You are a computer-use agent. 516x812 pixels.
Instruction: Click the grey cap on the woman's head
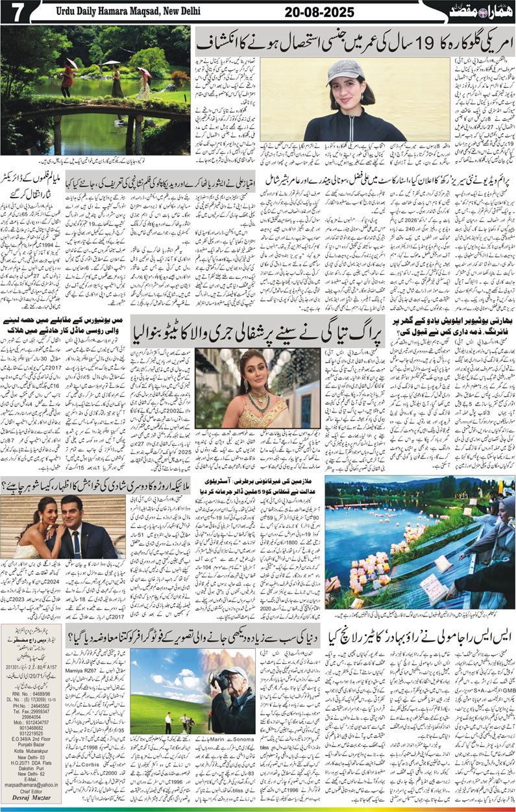coord(346,69)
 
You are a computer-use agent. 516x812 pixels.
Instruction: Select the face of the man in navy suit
coord(73,513)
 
